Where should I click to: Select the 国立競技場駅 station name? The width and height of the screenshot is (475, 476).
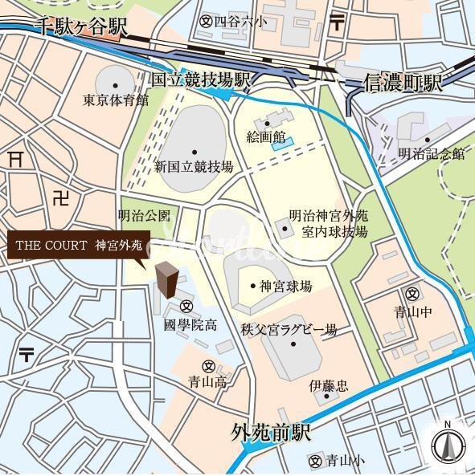(x=202, y=79)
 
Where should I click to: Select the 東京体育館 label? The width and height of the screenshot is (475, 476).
(x=116, y=101)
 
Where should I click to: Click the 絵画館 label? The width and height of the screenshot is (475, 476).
(x=265, y=137)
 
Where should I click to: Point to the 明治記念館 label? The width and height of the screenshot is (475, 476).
(x=431, y=154)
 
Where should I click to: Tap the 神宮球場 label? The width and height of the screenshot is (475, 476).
(x=285, y=286)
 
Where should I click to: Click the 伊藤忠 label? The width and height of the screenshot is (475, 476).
(x=328, y=386)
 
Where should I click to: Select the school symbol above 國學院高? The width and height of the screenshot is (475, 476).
(x=186, y=306)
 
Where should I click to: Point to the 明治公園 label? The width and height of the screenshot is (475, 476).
(x=144, y=216)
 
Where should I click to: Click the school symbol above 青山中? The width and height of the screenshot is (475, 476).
(x=413, y=293)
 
